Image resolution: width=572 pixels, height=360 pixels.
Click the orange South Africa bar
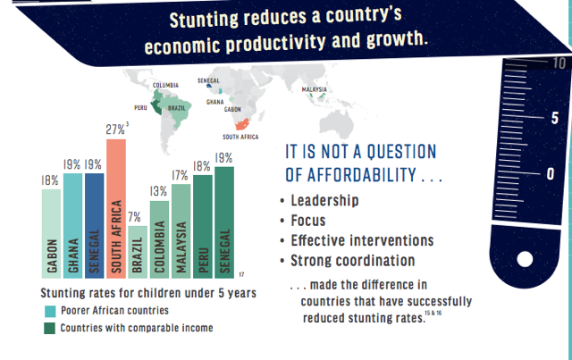click(x=116, y=209)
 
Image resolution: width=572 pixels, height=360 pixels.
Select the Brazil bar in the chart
click(x=138, y=252)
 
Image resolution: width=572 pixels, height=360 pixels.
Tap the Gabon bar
click(x=52, y=234)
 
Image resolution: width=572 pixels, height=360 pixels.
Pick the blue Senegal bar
click(x=95, y=226)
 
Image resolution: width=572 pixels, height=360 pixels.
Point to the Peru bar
click(x=203, y=227)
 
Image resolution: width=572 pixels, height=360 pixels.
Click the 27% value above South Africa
click(x=115, y=130)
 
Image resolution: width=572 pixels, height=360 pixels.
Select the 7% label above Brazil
click(x=134, y=217)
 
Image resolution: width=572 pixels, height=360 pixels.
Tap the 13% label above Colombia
click(x=158, y=191)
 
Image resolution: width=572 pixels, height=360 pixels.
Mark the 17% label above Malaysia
click(x=180, y=175)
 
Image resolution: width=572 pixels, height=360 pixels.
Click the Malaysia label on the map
click(x=314, y=89)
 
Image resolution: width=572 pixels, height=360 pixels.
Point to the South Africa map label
click(x=240, y=137)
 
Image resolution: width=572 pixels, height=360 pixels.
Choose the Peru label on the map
click(x=140, y=107)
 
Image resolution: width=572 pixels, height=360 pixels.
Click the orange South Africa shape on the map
click(x=242, y=124)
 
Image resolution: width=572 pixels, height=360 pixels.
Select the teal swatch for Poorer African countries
click(x=50, y=311)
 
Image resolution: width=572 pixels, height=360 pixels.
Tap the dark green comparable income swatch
click(x=50, y=328)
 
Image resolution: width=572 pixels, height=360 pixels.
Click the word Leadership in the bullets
click(x=324, y=201)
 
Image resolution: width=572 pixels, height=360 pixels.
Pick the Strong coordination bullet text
click(x=353, y=261)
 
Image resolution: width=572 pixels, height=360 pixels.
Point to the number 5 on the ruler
click(x=555, y=118)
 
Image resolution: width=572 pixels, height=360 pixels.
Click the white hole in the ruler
click(x=525, y=259)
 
